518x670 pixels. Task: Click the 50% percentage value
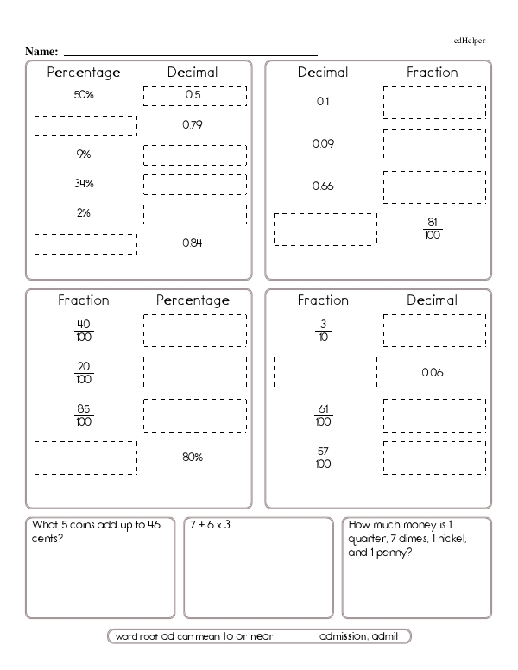tap(84, 95)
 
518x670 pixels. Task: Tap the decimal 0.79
tap(193, 125)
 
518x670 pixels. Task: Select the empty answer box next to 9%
tap(194, 155)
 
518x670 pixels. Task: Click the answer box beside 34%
tap(194, 184)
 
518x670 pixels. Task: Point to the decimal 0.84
tap(193, 243)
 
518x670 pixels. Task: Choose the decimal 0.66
tap(323, 186)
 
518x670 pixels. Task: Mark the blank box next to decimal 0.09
tap(434, 144)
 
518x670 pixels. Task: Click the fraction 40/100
tap(84, 331)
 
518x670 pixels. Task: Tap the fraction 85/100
tap(84, 415)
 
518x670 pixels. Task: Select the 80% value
tap(193, 457)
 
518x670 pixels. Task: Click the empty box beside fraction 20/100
tap(194, 373)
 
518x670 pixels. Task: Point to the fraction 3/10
tap(323, 331)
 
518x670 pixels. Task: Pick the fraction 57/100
tap(323, 458)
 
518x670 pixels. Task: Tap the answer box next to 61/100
tap(434, 415)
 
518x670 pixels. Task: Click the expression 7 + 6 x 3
tap(210, 525)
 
